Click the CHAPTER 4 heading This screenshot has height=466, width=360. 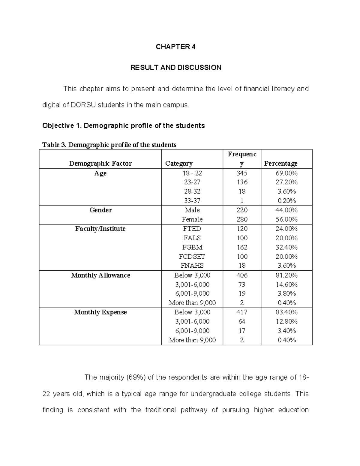pos(175,47)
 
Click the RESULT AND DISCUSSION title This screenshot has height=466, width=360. pos(175,68)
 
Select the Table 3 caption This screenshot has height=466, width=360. pos(109,145)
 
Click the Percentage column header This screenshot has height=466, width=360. pos(280,164)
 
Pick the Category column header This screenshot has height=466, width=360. pos(179,164)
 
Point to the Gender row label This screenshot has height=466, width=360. pos(100,210)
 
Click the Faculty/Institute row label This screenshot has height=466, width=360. pos(100,229)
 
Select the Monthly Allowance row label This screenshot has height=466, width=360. pos(100,275)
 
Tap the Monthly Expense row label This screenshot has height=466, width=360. pos(100,312)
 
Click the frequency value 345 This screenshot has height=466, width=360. pos(242,173)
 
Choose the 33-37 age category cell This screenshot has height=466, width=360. pos(192,201)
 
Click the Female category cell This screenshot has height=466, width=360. pos(192,219)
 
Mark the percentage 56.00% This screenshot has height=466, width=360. pos(286,219)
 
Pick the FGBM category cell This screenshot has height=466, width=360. pos(192,247)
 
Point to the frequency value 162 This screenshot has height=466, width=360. pos(242,247)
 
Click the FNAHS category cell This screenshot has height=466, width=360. pos(192,266)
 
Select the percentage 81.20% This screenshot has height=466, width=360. pos(286,275)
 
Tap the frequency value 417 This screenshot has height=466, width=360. pos(242,312)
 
